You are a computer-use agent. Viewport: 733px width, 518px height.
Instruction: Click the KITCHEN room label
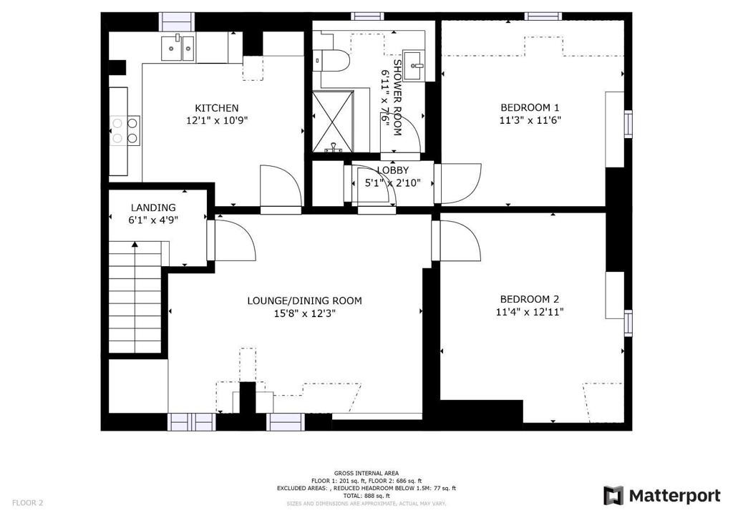[x=216, y=108]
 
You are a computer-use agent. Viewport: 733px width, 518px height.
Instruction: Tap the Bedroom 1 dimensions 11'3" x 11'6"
[x=530, y=120]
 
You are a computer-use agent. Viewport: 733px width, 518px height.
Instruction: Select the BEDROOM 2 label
[x=530, y=299]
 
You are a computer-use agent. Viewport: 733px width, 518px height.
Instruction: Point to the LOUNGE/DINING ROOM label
[x=304, y=300]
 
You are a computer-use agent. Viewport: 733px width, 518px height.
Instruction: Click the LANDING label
[x=153, y=207]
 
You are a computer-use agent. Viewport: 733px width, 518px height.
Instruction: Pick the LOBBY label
[x=393, y=170]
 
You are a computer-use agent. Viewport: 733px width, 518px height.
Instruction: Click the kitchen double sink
[x=178, y=48]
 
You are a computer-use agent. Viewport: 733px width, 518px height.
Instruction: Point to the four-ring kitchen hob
[x=125, y=131]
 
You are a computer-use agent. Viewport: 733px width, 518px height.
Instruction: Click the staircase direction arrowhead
[x=135, y=244]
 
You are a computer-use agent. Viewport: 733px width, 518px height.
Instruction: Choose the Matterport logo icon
[x=613, y=495]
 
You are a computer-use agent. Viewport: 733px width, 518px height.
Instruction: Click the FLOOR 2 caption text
[x=28, y=503]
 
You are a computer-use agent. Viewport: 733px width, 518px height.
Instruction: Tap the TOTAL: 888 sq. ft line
[x=366, y=496]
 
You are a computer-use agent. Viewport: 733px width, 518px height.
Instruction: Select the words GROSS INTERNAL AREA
[x=366, y=473]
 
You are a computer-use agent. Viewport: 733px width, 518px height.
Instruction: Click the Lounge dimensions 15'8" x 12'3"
[x=305, y=313]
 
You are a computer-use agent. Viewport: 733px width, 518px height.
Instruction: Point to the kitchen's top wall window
[x=178, y=22]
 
